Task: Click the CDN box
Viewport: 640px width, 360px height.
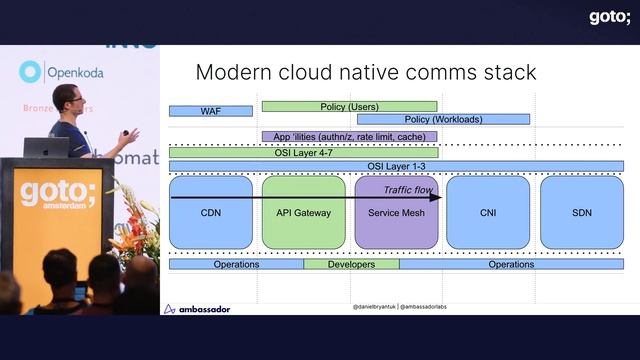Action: click(x=210, y=213)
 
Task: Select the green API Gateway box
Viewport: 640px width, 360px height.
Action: click(x=303, y=213)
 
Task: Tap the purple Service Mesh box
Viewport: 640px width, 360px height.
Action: click(x=396, y=213)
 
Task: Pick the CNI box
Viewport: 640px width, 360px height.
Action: click(x=488, y=213)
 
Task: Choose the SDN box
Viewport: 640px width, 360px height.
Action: click(x=582, y=213)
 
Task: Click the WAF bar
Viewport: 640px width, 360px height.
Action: click(x=211, y=111)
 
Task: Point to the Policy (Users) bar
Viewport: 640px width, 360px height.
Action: click(x=349, y=106)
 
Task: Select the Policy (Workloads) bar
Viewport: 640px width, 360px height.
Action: click(x=443, y=119)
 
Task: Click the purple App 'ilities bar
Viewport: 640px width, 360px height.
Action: click(x=349, y=137)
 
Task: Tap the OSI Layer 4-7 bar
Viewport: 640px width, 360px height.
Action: click(x=303, y=152)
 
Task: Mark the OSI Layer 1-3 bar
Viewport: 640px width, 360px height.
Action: click(x=396, y=166)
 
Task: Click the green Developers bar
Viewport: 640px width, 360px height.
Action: click(x=351, y=264)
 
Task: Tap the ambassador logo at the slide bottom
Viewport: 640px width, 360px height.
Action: click(x=197, y=309)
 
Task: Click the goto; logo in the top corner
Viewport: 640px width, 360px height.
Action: click(x=609, y=16)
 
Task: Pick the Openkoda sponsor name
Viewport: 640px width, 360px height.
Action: click(x=75, y=73)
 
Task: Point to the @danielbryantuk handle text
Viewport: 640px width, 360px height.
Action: click(x=374, y=306)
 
